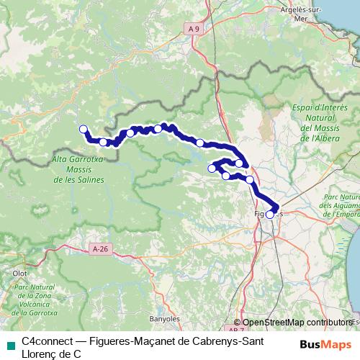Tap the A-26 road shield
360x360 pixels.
(x=101, y=229)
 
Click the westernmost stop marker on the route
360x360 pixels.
(x=82, y=130)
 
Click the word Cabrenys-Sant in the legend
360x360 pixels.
(x=211, y=340)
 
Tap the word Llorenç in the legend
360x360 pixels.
(x=41, y=354)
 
